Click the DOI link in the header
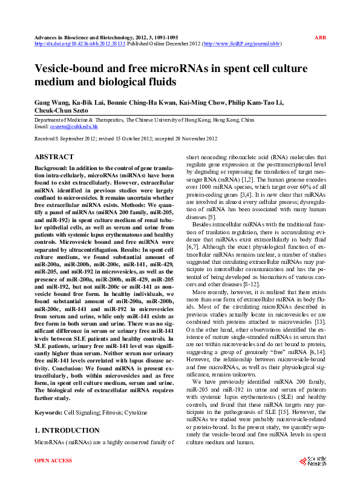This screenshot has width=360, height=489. pyautogui.click(x=79, y=44)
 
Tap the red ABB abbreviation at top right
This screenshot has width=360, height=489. pyautogui.click(x=320, y=38)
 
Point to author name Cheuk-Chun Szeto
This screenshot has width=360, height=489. pyautogui.click(x=61, y=111)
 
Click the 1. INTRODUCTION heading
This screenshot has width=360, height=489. pyautogui.click(x=67, y=430)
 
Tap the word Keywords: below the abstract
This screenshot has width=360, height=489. pyautogui.click(x=48, y=412)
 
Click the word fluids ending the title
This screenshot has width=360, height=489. pyautogui.click(x=159, y=81)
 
